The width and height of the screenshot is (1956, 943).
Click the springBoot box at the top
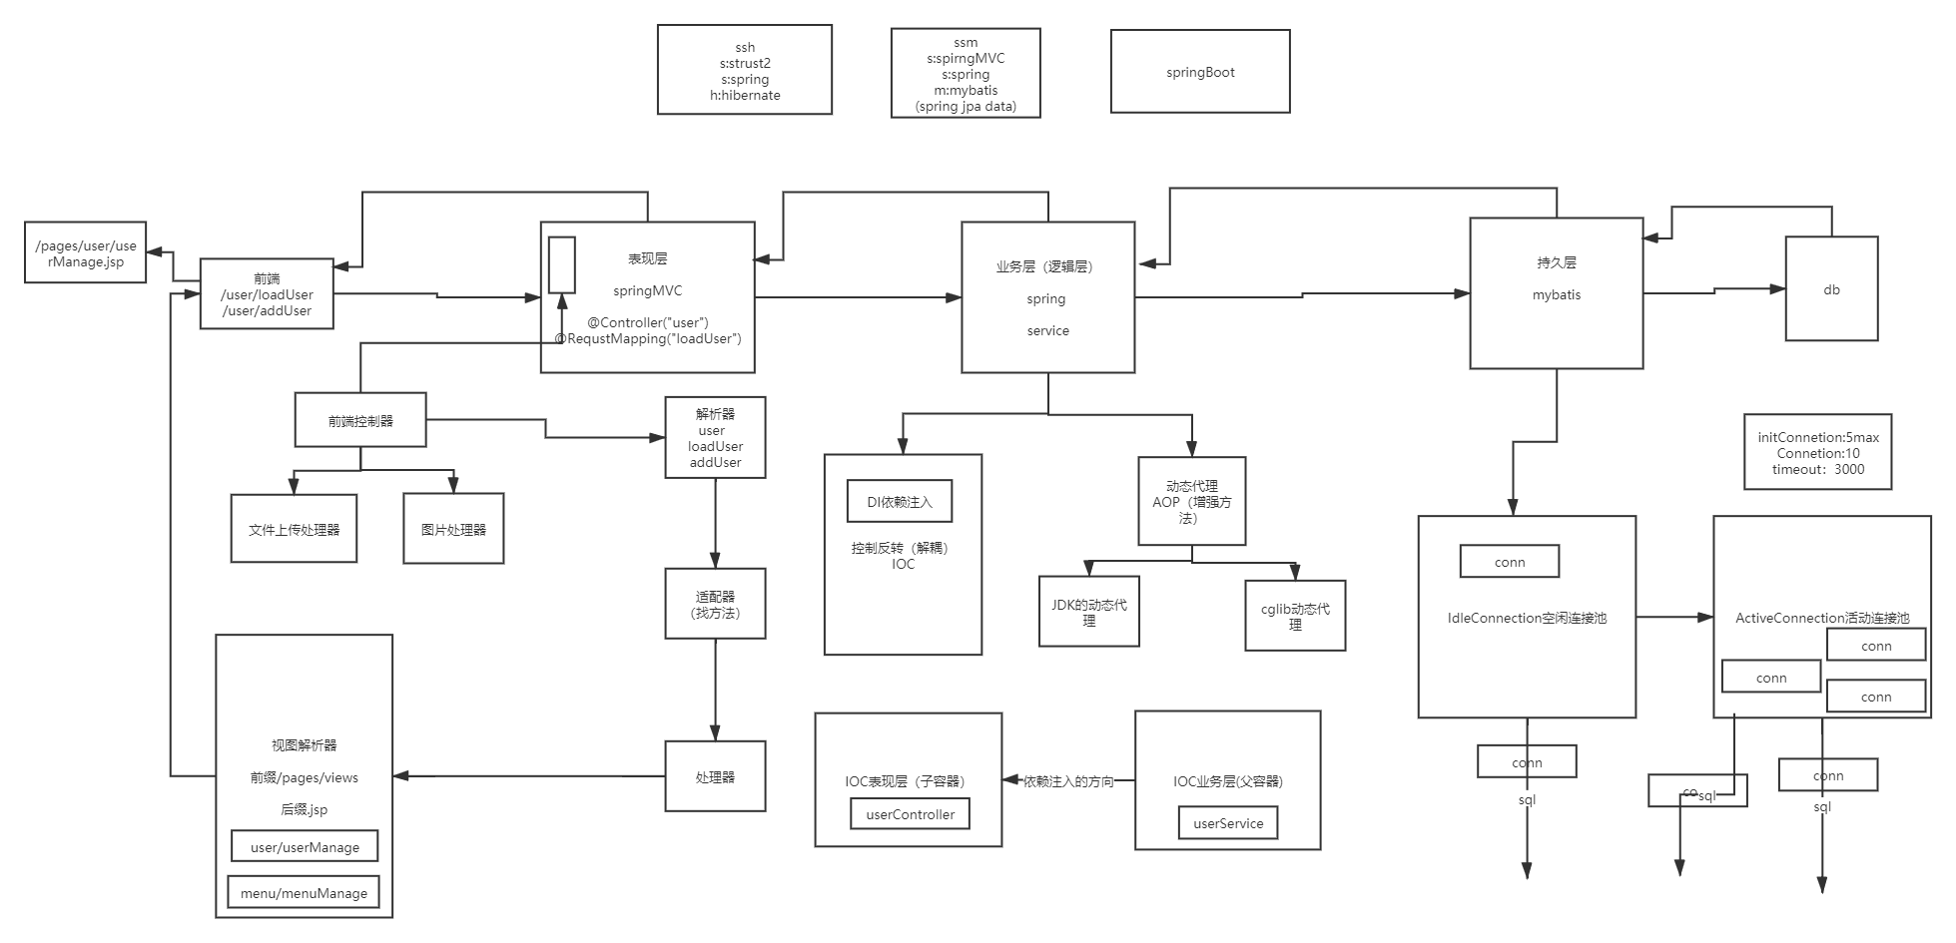pos(1199,72)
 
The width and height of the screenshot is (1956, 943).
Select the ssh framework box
pos(744,71)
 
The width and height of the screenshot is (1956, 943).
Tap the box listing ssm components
pos(965,74)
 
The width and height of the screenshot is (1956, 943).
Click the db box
pos(1831,289)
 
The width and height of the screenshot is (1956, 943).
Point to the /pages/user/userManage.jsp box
pos(86,253)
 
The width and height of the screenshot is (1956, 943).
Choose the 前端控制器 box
pos(360,420)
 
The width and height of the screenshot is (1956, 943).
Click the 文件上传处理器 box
pos(294,529)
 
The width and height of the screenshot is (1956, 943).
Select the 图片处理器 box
pos(453,529)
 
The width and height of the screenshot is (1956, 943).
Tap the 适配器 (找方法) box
pos(715,604)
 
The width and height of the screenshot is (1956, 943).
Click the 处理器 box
pos(715,776)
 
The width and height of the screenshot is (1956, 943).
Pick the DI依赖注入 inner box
pos(899,501)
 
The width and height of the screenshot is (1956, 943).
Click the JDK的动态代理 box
pos(1088,612)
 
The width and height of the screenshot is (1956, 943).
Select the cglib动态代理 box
pos(1295,616)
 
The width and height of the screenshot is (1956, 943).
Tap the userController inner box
pos(910,814)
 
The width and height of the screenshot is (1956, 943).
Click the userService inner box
pos(1228,823)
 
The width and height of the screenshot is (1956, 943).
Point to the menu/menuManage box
pos(304,893)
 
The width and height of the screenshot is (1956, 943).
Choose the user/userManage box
pos(305,847)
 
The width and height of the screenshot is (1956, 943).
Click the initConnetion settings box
pos(1817,453)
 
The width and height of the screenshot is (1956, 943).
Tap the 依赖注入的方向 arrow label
pos(1068,781)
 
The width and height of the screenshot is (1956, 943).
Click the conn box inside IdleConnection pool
pos(1509,562)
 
